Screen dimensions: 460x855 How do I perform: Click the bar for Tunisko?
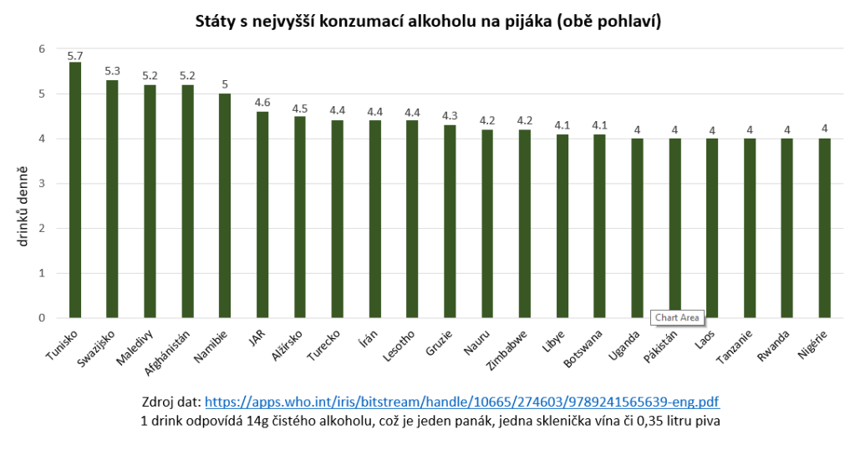coord(74,190)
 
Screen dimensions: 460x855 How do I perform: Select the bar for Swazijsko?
coord(112,199)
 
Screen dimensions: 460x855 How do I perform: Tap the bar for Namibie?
coord(225,205)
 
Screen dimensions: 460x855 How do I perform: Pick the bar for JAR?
coord(262,215)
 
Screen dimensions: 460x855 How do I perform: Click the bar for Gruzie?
coord(450,221)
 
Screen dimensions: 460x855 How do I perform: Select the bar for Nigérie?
coord(825,228)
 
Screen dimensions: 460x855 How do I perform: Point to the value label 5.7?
coord(75,56)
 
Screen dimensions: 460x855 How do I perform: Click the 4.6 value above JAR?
coord(262,103)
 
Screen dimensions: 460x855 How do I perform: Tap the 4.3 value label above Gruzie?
coord(450,116)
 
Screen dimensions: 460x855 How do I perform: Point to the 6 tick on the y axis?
coord(41,49)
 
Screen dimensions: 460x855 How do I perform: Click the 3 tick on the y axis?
coord(41,184)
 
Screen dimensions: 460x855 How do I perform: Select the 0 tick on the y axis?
coord(41,318)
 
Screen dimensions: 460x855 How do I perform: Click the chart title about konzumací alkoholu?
coord(428,22)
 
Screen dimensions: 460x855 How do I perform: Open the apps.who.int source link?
coord(462,402)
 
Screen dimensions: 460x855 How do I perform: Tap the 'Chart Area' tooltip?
coord(677,317)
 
